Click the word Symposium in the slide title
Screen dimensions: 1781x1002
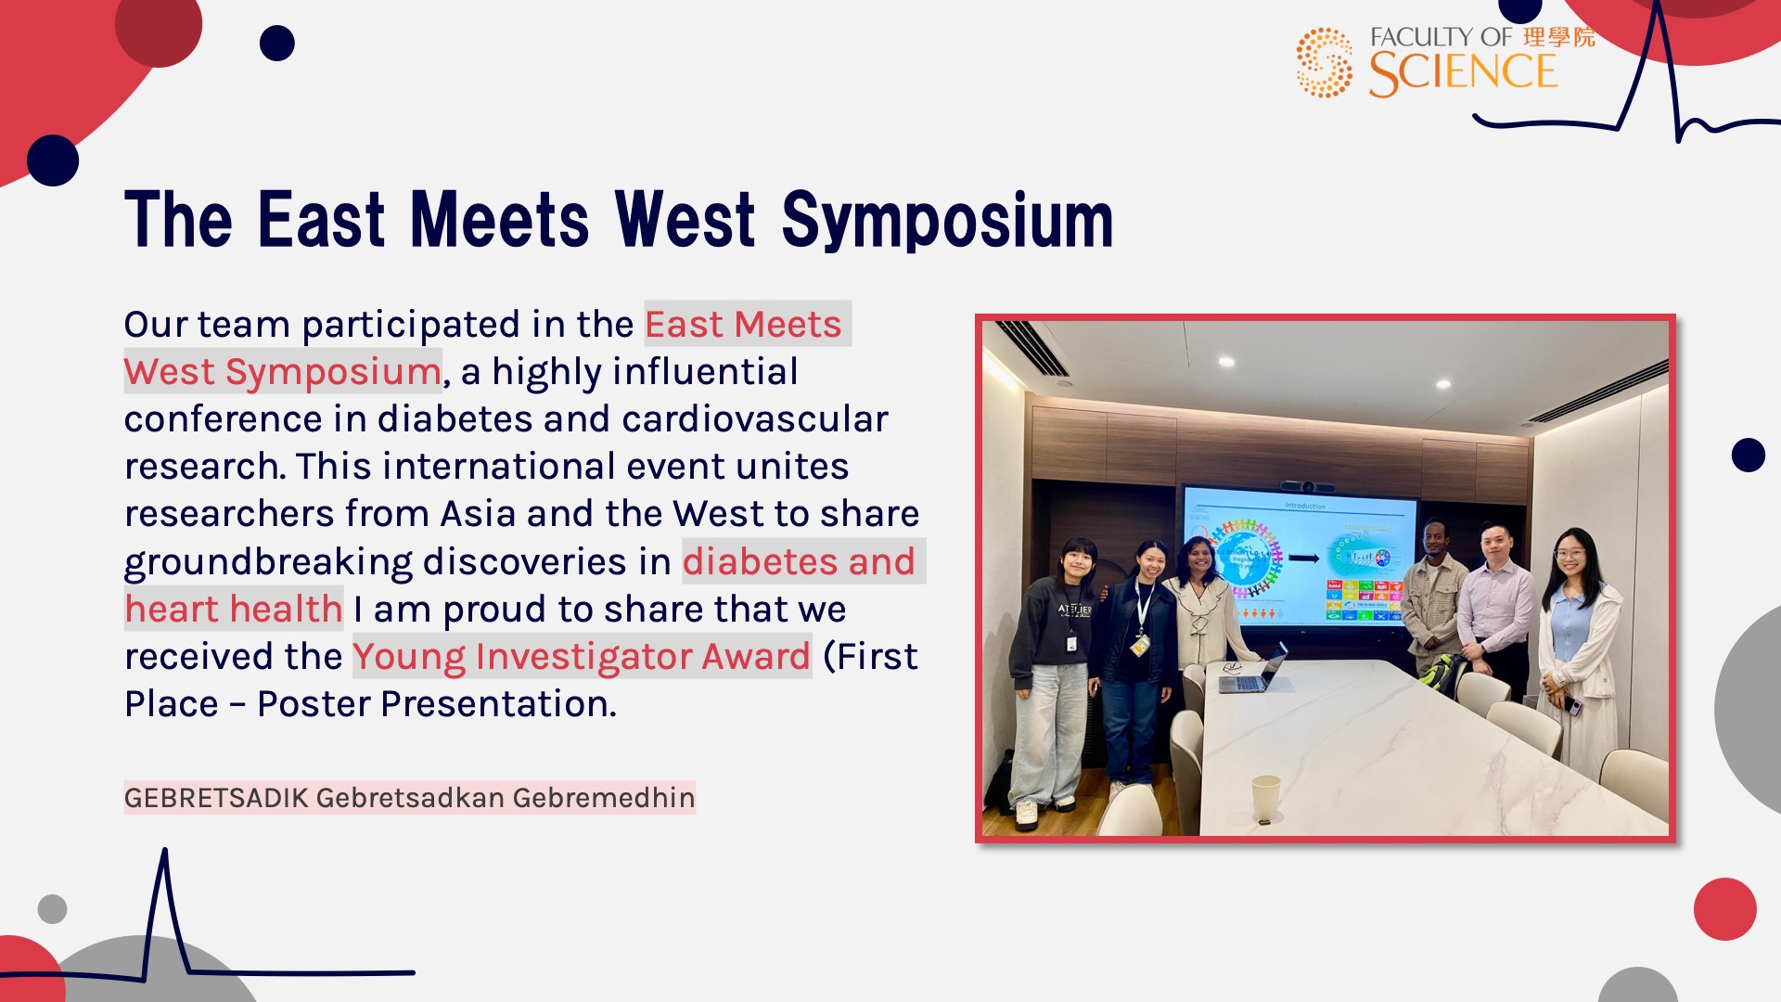(947, 221)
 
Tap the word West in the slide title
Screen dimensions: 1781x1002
(685, 220)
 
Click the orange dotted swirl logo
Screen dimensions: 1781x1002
(1325, 62)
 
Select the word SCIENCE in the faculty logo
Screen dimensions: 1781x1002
(1463, 73)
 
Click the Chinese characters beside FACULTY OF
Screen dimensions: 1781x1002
(1558, 37)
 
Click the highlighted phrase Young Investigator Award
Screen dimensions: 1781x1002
(582, 657)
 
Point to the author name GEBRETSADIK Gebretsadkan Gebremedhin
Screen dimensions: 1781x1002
(409, 798)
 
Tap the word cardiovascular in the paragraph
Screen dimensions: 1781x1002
(755, 419)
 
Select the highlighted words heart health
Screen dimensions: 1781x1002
(234, 610)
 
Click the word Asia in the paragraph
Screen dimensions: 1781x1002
(477, 514)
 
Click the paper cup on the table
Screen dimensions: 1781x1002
(1265, 798)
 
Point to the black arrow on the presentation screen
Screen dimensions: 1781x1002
(1303, 559)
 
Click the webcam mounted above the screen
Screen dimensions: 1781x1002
(1307, 486)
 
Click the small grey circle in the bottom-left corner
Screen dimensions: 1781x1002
(52, 909)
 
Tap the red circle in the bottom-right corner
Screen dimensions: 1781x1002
(1724, 909)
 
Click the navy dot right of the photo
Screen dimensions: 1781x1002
(1748, 456)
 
